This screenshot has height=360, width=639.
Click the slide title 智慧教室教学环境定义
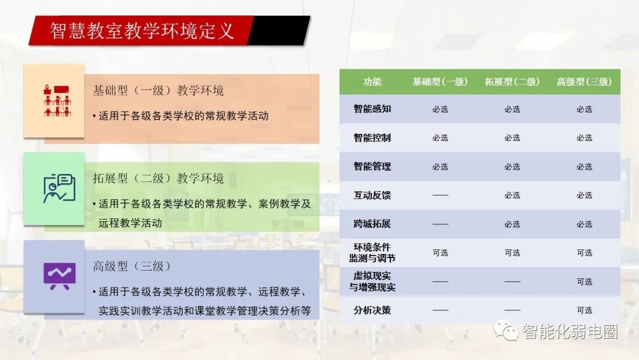point(142,31)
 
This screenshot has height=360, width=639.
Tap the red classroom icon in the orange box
point(57,101)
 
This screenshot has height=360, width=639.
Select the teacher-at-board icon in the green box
point(60,188)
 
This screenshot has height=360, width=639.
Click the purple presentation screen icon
point(60,276)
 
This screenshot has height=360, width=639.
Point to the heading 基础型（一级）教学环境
point(158,90)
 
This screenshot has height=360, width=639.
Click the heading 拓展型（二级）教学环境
point(158,178)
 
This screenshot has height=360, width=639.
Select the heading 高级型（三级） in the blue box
point(132,266)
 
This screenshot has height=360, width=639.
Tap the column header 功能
point(372,82)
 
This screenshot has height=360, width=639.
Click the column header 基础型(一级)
point(440,82)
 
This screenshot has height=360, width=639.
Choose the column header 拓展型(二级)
point(512,82)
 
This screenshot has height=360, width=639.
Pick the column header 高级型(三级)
point(584,82)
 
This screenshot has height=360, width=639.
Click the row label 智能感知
point(372,109)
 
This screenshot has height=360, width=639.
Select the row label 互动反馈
point(372,195)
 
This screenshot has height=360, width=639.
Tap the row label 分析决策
point(372,310)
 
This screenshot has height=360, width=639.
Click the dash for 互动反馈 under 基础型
point(440,195)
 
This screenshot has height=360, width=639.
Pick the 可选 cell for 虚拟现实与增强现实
point(585,282)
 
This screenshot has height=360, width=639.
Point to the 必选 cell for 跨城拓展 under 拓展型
point(512,224)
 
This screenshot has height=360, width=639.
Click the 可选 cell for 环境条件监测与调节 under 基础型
point(440,253)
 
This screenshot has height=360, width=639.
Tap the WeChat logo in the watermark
point(506,330)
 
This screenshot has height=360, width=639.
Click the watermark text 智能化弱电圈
point(570,332)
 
